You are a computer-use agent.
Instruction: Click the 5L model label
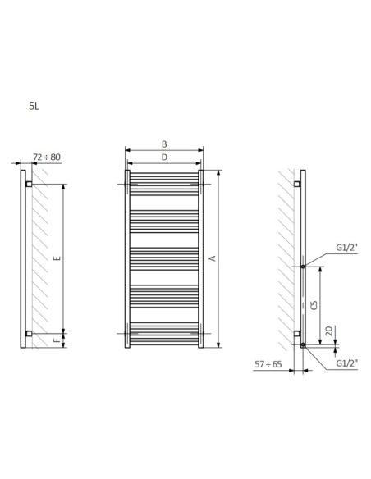click(x=34, y=106)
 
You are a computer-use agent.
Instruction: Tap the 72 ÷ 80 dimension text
click(x=47, y=157)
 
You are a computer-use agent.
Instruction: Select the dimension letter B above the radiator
click(x=164, y=144)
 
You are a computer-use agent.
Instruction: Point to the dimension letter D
click(x=164, y=157)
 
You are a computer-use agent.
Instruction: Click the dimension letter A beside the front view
click(x=213, y=258)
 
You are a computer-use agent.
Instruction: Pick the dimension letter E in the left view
click(x=57, y=258)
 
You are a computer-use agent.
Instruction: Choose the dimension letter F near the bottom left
click(x=57, y=340)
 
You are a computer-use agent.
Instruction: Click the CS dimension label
click(x=314, y=305)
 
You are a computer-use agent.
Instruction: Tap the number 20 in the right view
click(x=328, y=331)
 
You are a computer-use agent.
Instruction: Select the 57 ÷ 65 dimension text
click(x=268, y=364)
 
